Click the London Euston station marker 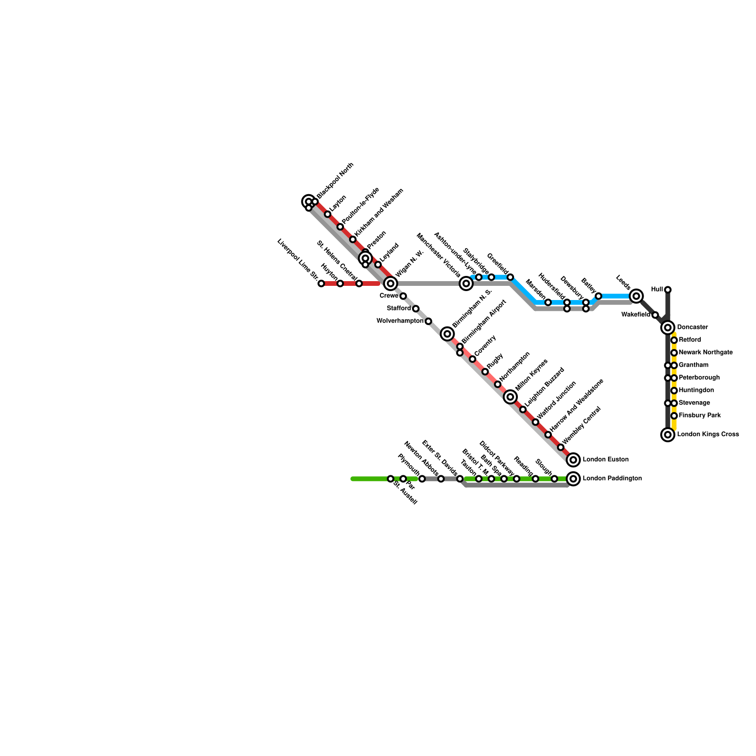click(x=573, y=459)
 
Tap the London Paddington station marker click(x=573, y=479)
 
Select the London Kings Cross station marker click(x=668, y=435)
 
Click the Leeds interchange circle click(x=636, y=296)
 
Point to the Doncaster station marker click(x=668, y=327)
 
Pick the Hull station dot click(x=668, y=290)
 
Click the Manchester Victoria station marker click(x=466, y=283)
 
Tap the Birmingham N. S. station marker click(x=447, y=334)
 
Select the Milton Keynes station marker click(x=510, y=397)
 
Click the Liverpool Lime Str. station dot click(x=321, y=283)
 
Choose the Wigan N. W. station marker click(x=390, y=283)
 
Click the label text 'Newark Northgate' click(x=705, y=352)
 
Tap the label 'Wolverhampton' click(x=400, y=321)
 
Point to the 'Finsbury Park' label click(x=699, y=416)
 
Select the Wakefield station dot click(x=655, y=315)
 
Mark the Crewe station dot click(x=403, y=296)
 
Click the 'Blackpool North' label click(x=335, y=180)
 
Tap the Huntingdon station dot click(x=674, y=390)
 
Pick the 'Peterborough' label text click(x=699, y=378)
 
